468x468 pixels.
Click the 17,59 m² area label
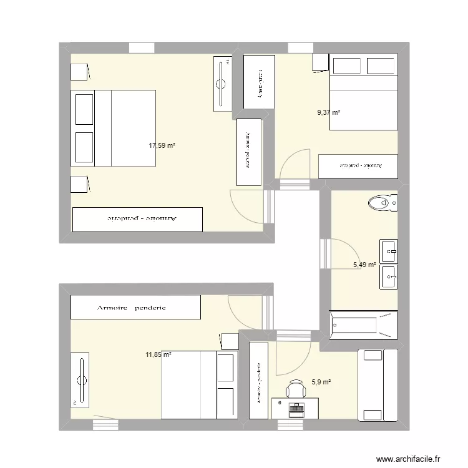click(x=162, y=145)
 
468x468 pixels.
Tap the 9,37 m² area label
click(x=329, y=113)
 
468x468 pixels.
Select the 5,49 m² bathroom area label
click(x=364, y=265)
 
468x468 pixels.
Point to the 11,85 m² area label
click(x=158, y=355)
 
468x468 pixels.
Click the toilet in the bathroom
click(x=383, y=203)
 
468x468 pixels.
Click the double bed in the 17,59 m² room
click(x=113, y=128)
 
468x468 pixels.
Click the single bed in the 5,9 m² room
click(x=373, y=385)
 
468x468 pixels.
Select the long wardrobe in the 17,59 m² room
click(x=138, y=219)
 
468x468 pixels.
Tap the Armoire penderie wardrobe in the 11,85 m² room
click(x=135, y=307)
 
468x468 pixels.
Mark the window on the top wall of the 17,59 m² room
click(x=141, y=48)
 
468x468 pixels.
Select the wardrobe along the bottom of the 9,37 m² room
click(x=358, y=166)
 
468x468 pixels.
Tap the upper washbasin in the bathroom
click(x=389, y=251)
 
